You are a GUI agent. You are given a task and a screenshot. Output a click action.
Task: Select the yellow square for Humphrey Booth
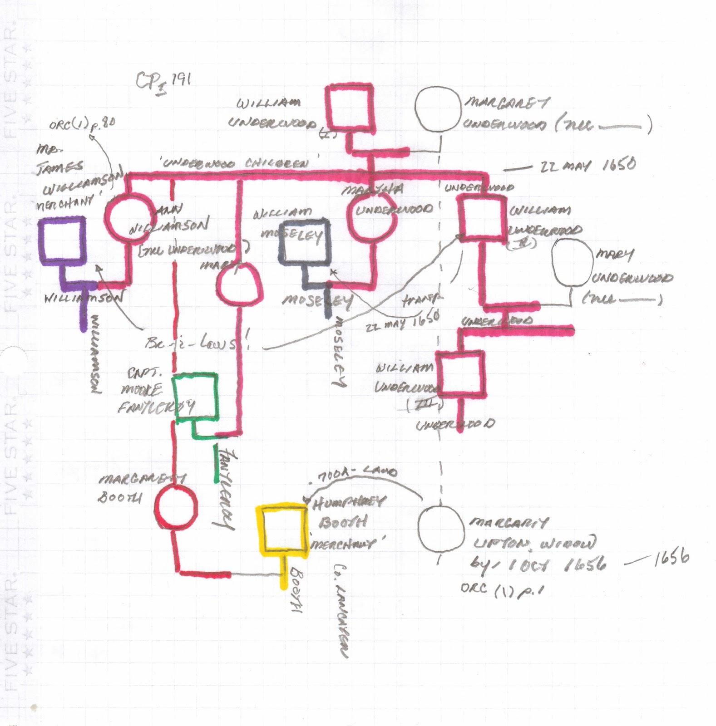click(x=281, y=529)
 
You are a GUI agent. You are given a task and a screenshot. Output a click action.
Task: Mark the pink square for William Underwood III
click(x=459, y=373)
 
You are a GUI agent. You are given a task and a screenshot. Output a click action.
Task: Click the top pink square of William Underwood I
click(x=348, y=107)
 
